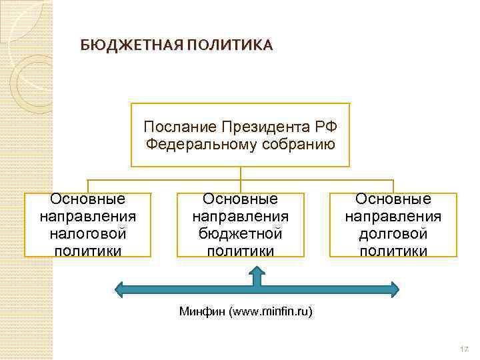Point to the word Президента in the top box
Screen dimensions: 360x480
click(258, 127)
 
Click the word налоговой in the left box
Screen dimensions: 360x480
click(88, 234)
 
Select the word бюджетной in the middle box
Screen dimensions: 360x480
click(241, 234)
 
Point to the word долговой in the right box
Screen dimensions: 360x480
click(393, 234)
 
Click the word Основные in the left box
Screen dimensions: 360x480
click(88, 199)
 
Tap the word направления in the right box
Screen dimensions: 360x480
click(393, 217)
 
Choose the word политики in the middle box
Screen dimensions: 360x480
click(241, 251)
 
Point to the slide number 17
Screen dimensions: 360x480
click(465, 349)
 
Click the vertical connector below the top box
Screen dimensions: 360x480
click(241, 173)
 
